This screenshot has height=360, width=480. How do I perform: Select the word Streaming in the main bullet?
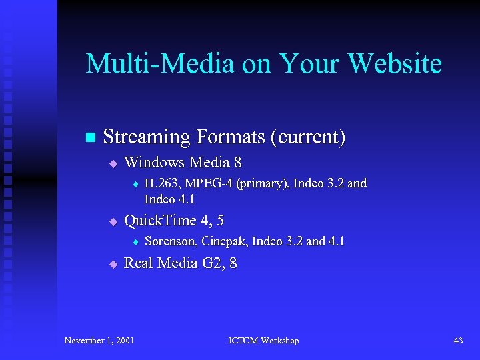[147, 137]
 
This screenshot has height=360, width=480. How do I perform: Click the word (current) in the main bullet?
[308, 137]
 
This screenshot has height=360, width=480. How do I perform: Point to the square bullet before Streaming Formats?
[91, 137]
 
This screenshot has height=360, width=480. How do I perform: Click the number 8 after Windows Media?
[237, 162]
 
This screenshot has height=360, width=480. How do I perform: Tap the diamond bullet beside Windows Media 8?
[113, 163]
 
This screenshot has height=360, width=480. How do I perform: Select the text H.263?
[161, 183]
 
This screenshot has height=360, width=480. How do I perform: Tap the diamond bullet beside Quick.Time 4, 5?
[113, 221]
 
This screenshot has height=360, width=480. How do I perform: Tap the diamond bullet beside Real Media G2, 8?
[113, 264]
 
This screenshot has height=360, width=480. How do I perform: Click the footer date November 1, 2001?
[99, 341]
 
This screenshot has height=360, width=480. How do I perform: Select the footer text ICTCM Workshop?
[263, 341]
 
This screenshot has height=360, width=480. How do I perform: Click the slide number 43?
[458, 341]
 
